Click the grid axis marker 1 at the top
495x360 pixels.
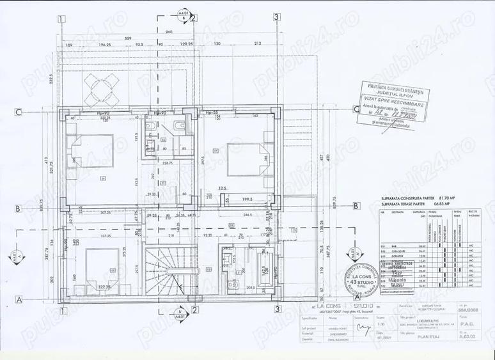[x=60, y=19]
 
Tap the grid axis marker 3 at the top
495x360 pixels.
[x=276, y=18]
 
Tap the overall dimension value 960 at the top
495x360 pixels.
[x=169, y=32]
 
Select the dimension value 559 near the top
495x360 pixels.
[x=127, y=38]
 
